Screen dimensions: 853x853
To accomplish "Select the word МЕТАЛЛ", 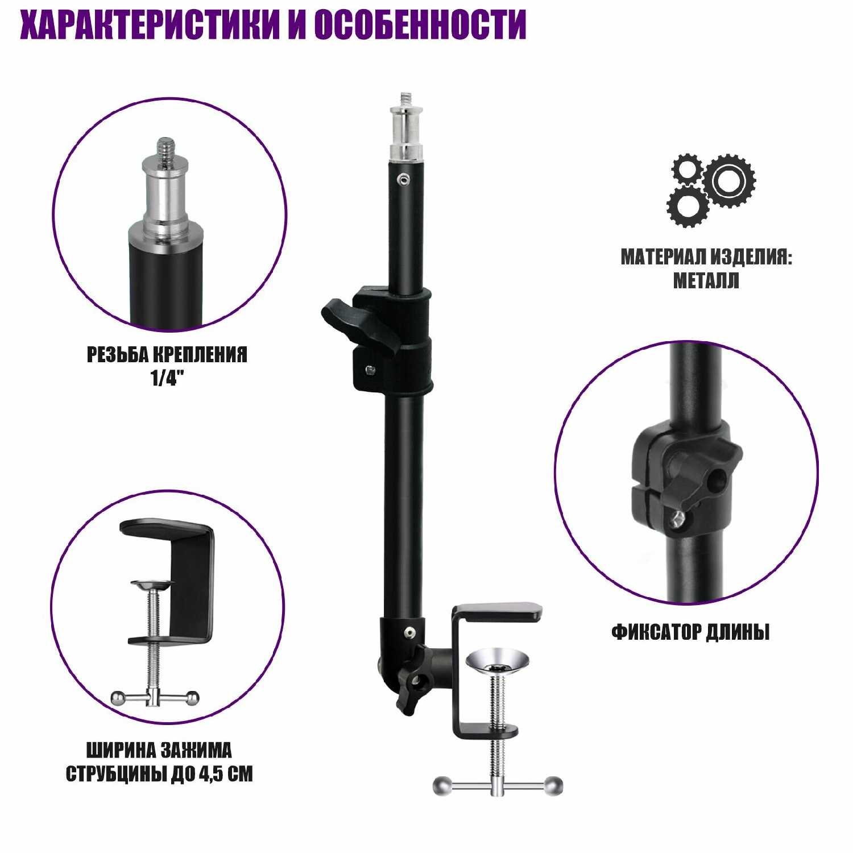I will [706, 281].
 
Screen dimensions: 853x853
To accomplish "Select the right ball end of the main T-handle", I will [553, 785].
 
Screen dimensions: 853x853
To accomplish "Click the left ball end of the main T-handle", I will [442, 786].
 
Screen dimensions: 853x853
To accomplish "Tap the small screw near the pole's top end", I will [404, 180].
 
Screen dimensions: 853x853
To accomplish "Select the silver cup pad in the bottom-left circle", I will [152, 585].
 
